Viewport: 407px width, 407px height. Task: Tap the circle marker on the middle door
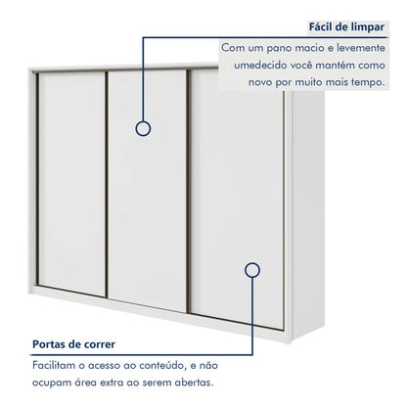pyautogui.click(x=143, y=128)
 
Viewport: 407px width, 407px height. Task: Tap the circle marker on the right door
pyautogui.click(x=252, y=270)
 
